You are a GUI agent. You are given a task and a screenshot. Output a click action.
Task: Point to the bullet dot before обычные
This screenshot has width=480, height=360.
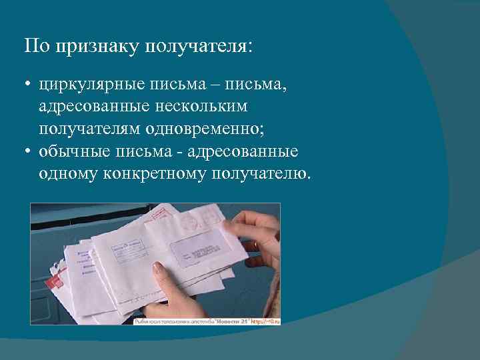[29, 153]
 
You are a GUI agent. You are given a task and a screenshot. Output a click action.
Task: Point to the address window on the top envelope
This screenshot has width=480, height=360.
[200, 249]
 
